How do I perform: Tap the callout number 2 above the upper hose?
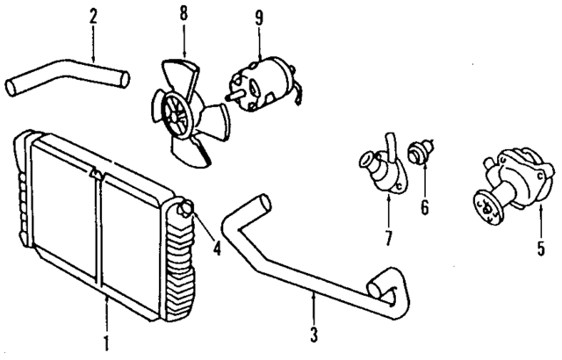(92, 14)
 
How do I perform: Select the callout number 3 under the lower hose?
(313, 335)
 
